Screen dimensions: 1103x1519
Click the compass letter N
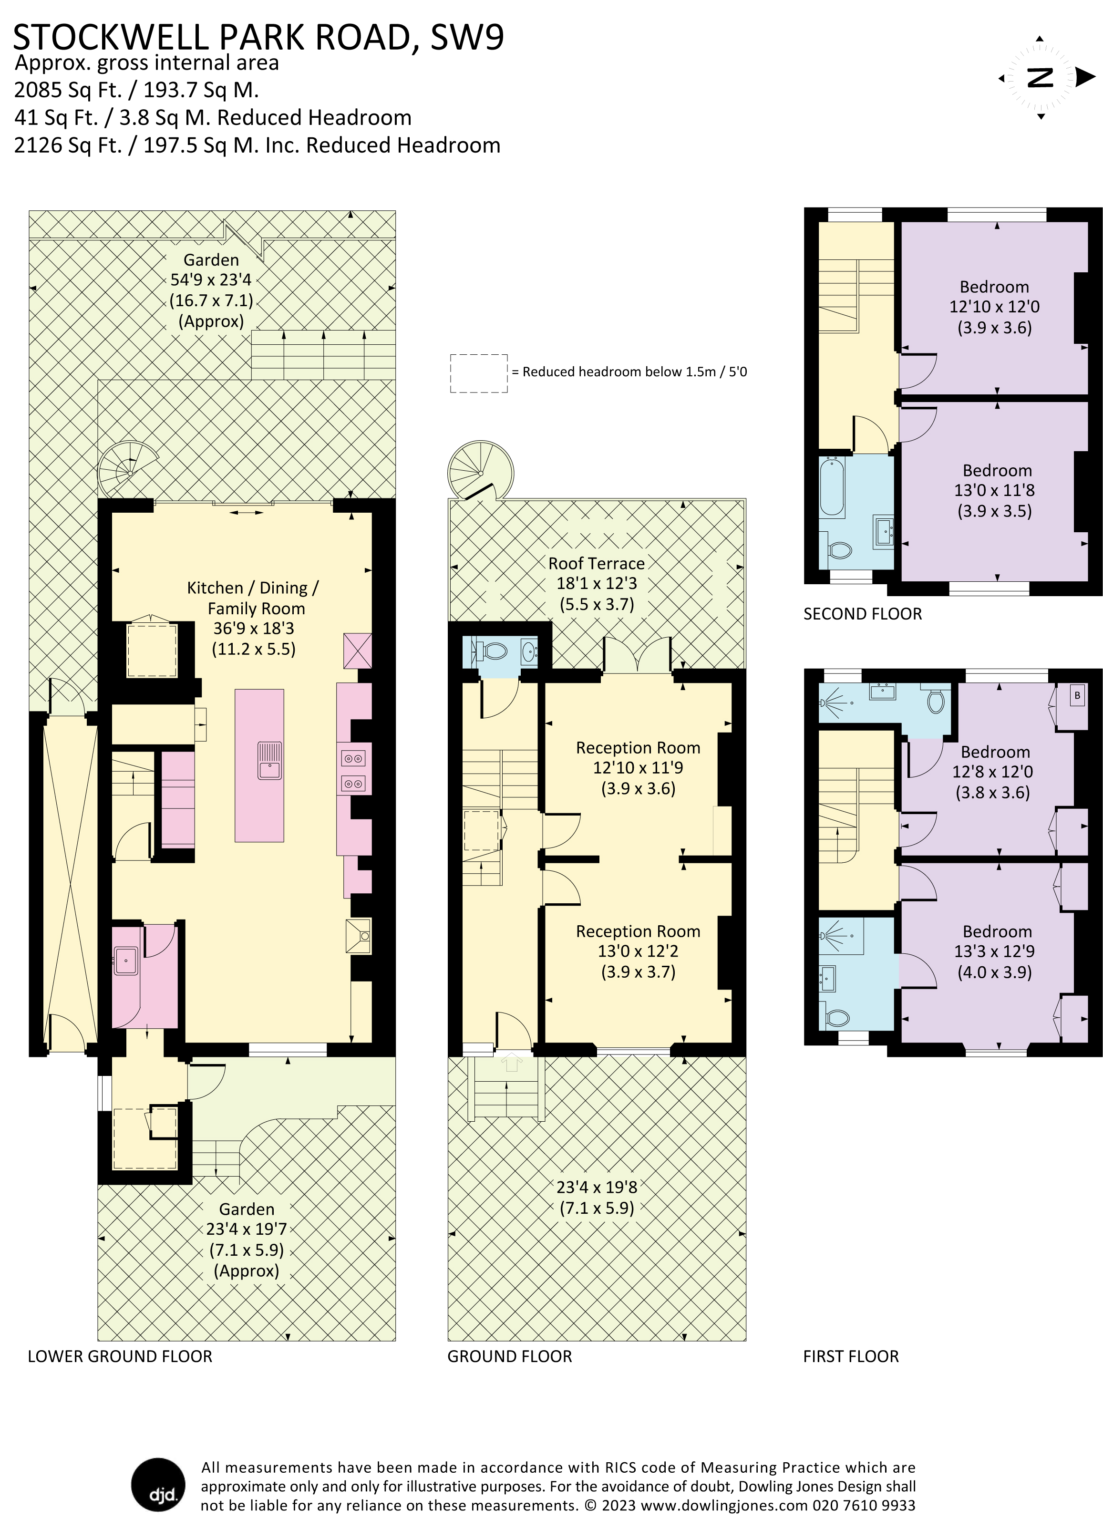click(1040, 78)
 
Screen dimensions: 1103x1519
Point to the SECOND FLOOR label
click(863, 613)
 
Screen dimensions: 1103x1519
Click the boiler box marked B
click(1077, 696)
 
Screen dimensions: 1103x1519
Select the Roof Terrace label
click(596, 563)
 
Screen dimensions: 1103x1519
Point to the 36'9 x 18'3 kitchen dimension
click(253, 628)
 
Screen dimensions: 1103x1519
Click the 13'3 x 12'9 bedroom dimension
click(994, 951)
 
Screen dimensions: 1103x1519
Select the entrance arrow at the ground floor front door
click(512, 1062)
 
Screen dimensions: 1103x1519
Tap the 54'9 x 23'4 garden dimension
click(211, 280)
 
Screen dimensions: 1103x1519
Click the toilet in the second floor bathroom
click(838, 550)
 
